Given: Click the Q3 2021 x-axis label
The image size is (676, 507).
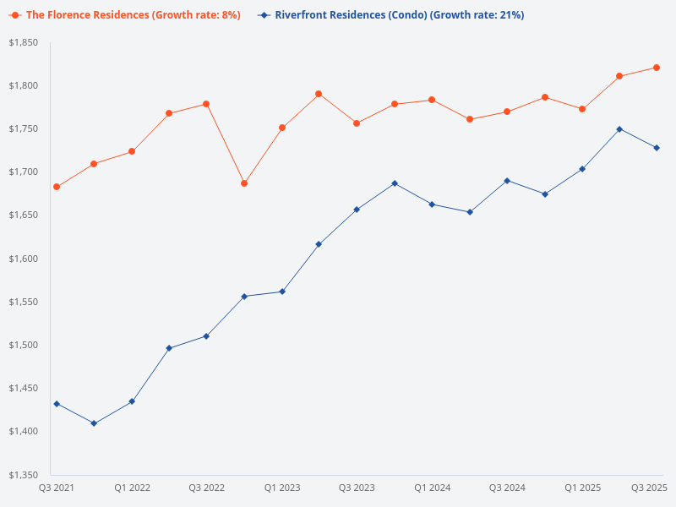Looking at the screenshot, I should (x=57, y=488).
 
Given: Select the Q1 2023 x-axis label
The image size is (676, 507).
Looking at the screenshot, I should (x=282, y=488).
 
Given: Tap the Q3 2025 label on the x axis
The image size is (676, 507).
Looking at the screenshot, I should (x=650, y=488).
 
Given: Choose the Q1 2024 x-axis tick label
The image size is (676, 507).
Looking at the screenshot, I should (x=433, y=488).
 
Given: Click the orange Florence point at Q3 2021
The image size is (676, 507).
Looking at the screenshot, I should (x=57, y=187).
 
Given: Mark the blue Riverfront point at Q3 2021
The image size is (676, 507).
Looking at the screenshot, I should (x=57, y=404).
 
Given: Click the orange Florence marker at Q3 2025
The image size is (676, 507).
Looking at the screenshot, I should (x=657, y=68).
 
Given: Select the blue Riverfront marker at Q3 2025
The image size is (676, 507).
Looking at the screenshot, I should (x=657, y=148).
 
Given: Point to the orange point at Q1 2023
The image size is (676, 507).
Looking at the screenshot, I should (x=282, y=128).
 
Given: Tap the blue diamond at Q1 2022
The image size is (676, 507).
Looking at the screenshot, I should (x=132, y=401).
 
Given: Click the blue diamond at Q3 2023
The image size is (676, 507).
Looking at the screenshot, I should (x=357, y=210).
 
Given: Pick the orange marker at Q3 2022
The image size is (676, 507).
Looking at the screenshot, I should (x=206, y=104).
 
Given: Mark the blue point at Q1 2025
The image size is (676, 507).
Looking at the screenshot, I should (x=582, y=169).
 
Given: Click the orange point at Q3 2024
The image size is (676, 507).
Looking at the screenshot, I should (x=507, y=112).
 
